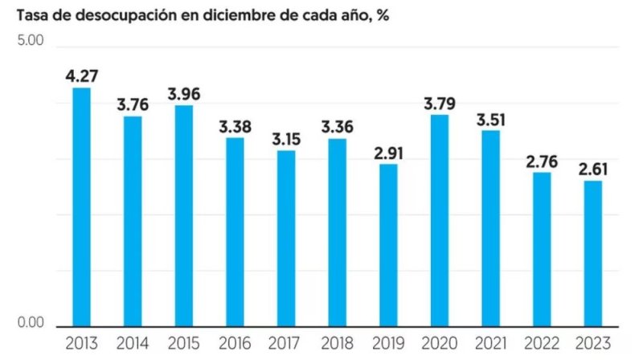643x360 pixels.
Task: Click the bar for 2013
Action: point(81,207)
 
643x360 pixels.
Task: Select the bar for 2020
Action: point(439,221)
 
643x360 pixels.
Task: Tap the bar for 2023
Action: point(592,254)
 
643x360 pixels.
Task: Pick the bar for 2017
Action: point(285,239)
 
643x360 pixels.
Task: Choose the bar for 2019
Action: point(388,245)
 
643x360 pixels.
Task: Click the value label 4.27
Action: point(81,77)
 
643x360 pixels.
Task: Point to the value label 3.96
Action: point(184,94)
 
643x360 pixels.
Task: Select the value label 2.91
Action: point(388,153)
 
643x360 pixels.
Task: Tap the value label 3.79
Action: point(439,104)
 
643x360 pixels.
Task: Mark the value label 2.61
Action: point(592,170)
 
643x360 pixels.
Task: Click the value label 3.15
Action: point(285,139)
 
